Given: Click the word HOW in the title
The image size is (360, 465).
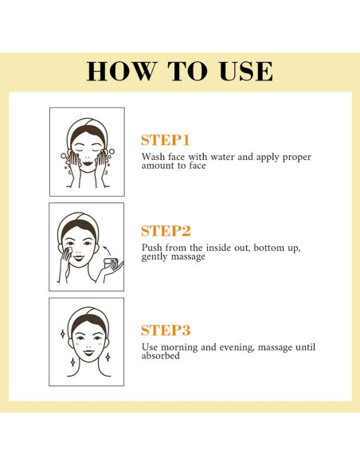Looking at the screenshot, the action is [121, 71].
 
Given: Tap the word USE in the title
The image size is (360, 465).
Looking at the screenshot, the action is [246, 71].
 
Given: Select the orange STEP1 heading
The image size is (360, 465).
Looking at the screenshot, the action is [165, 140].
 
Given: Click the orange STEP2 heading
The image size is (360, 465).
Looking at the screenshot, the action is [166, 231].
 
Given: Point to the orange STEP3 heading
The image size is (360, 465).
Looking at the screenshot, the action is [166, 330].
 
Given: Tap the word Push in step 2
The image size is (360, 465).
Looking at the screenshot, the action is [152, 248].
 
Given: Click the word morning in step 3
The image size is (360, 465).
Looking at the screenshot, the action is [179, 347].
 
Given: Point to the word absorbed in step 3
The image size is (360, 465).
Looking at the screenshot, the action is [160, 356].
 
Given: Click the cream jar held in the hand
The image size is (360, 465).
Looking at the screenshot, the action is [111, 263].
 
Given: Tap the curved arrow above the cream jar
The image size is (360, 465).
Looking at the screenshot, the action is [108, 250].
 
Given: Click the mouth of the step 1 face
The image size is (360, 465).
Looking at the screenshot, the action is [88, 163].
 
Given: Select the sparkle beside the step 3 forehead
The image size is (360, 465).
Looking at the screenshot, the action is [63, 334].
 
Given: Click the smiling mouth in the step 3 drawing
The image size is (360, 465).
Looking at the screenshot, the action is [88, 353].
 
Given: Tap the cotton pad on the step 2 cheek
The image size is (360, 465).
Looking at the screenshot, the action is [68, 250].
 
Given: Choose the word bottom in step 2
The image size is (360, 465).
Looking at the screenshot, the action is [268, 248].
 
